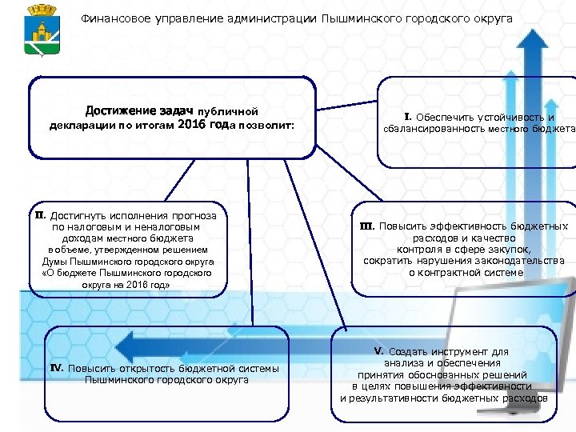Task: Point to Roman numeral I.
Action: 407,117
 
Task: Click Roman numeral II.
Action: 39,214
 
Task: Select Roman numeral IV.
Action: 57,368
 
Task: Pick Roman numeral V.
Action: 379,350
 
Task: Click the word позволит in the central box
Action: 269,126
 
